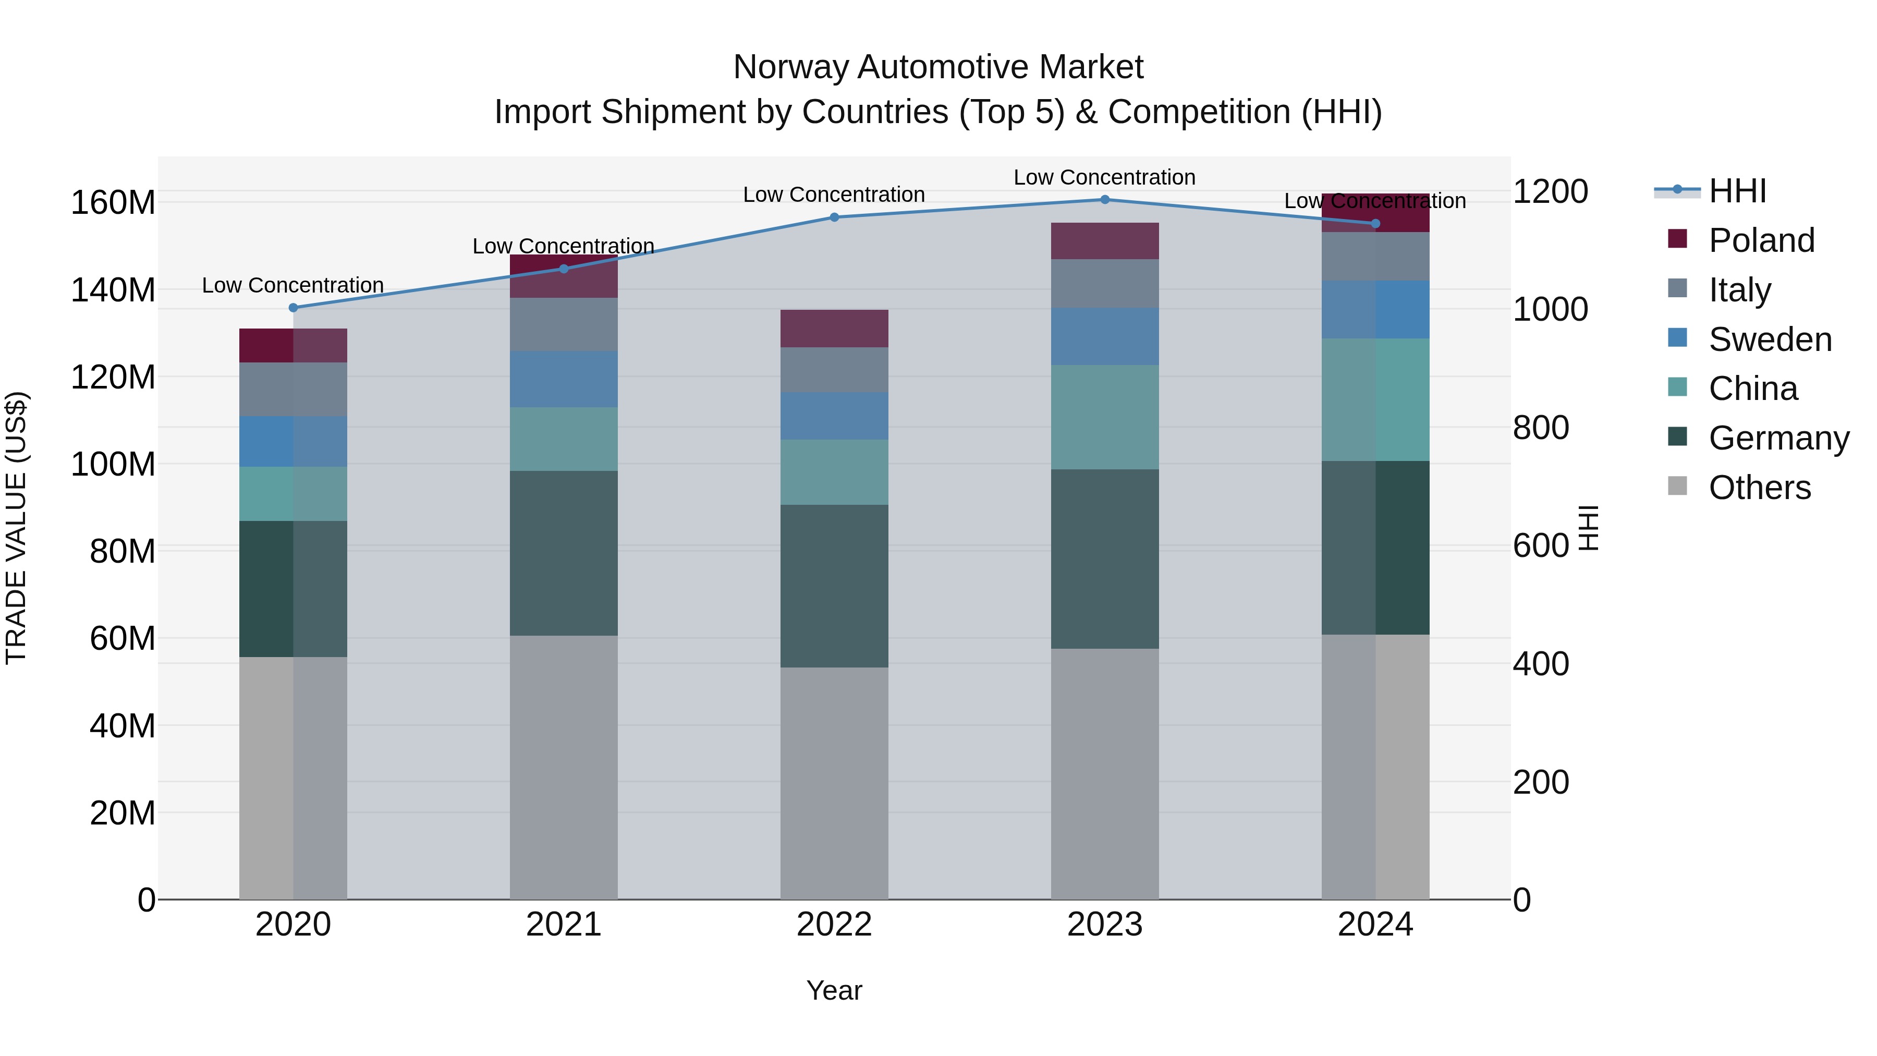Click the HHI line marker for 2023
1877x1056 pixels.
(x=1105, y=200)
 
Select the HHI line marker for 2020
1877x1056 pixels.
(x=294, y=308)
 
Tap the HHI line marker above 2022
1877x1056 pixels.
(x=834, y=217)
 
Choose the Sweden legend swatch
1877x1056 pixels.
(x=1677, y=338)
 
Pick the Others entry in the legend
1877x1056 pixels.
(x=1759, y=488)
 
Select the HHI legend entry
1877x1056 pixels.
(x=1737, y=191)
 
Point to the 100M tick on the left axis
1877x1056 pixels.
(x=113, y=464)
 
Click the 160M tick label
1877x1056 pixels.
(x=113, y=203)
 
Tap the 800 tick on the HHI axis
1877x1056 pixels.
(x=1540, y=428)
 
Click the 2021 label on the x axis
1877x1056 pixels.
(x=563, y=925)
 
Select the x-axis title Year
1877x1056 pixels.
(x=834, y=990)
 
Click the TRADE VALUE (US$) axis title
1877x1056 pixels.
(x=16, y=528)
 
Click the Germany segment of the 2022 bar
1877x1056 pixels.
(x=834, y=586)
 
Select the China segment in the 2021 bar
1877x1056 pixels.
(x=563, y=439)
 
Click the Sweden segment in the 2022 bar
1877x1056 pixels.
(x=834, y=416)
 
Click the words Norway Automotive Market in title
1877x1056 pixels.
(x=938, y=67)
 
